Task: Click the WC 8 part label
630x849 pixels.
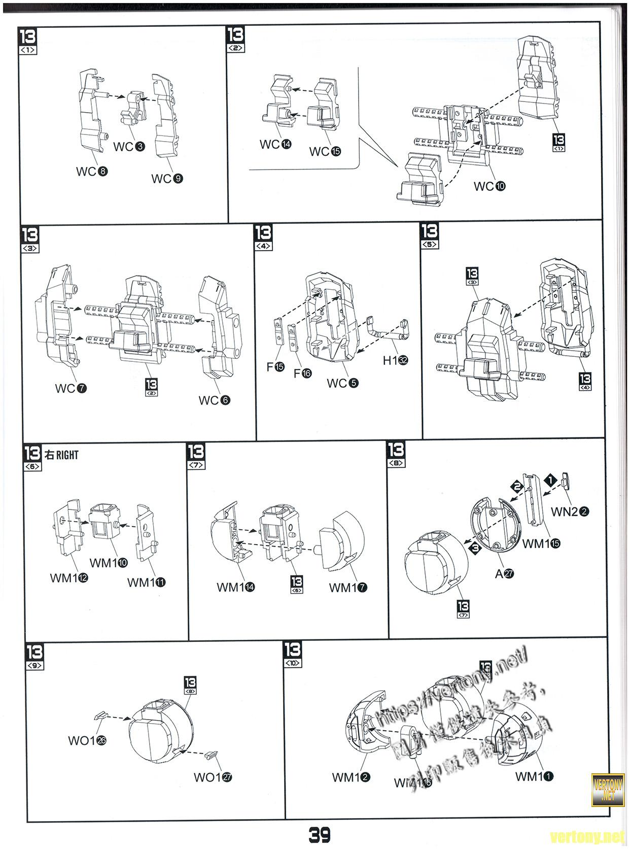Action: (x=92, y=172)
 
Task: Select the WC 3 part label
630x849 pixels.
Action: (x=129, y=147)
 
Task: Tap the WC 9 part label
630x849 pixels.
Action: (x=167, y=179)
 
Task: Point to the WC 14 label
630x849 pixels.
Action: (x=275, y=145)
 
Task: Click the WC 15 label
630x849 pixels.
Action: (x=325, y=151)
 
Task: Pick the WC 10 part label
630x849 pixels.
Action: (x=489, y=186)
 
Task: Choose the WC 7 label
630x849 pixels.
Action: (x=71, y=388)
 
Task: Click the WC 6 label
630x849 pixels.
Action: (x=214, y=400)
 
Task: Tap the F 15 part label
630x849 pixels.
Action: (x=275, y=366)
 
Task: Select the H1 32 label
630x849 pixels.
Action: (x=395, y=360)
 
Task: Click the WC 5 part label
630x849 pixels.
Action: (x=342, y=383)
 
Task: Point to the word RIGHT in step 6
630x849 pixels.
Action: (x=67, y=455)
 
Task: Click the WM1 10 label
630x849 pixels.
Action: (x=109, y=563)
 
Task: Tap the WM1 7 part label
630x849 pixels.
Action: (x=348, y=588)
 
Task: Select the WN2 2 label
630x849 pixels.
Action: (x=570, y=512)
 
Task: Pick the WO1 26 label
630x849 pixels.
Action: (x=87, y=740)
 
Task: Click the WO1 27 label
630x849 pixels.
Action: (x=213, y=777)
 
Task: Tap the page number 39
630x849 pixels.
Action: (x=320, y=834)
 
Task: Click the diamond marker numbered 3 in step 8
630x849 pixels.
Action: (x=475, y=548)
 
